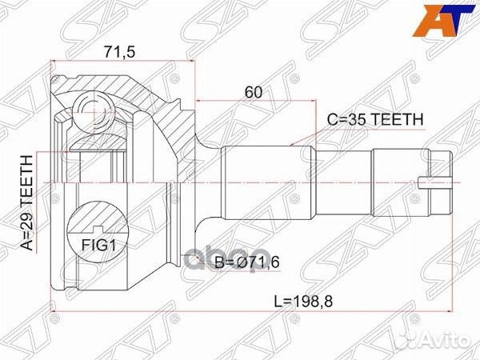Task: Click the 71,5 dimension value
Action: (119, 52)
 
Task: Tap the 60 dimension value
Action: (254, 92)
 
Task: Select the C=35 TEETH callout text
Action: (375, 119)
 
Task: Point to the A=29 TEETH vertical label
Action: (26, 202)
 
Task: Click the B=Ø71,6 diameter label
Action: (247, 262)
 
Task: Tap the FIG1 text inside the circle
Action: (99, 245)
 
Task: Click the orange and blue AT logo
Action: (443, 21)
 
